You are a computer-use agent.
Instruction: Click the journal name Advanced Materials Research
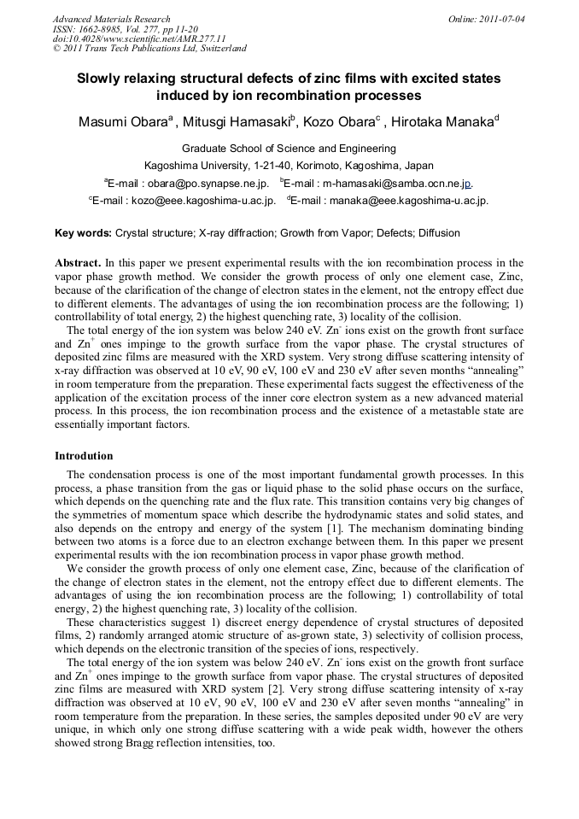coord(111,19)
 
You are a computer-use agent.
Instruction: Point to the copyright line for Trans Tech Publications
coord(149,50)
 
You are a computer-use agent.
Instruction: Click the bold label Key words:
coord(83,233)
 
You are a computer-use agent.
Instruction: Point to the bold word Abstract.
coord(78,263)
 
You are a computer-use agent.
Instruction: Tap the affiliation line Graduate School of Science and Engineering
coord(289,149)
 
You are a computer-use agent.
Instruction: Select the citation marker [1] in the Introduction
coord(313,540)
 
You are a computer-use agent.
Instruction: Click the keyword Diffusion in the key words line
coord(438,233)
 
